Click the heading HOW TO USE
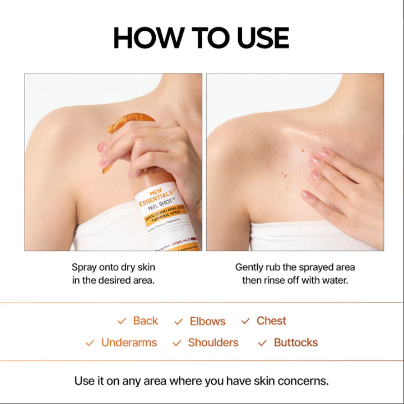(201, 38)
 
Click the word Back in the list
(145, 321)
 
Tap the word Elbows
(207, 322)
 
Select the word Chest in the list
(271, 321)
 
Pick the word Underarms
(129, 343)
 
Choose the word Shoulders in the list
(213, 343)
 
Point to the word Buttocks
(295, 343)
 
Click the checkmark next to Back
(122, 322)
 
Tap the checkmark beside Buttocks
(262, 343)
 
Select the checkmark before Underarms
(90, 343)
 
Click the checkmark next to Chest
(245, 322)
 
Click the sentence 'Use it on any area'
(201, 381)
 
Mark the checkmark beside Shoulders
(177, 343)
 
